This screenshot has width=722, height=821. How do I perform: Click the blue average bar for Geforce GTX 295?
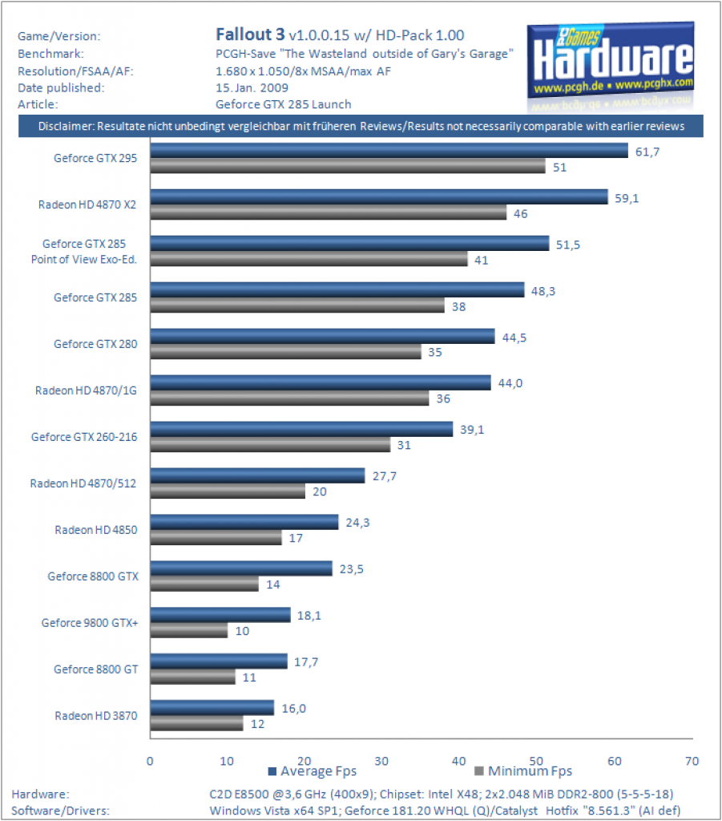coord(389,151)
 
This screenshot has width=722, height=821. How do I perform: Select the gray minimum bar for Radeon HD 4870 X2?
coord(329,212)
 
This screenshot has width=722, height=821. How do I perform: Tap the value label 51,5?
coord(567,245)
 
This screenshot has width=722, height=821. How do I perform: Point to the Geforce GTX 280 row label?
coord(95,344)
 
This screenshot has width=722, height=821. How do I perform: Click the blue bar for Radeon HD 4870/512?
coord(257,475)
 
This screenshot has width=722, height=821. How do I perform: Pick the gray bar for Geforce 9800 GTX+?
coord(189,630)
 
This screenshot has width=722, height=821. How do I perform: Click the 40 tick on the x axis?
coord(459,761)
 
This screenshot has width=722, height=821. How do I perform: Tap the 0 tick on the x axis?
coord(150,761)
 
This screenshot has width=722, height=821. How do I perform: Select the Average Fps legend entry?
coord(313,771)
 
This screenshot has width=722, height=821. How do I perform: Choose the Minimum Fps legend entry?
coord(523,771)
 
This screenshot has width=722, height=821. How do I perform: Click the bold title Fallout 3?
coord(250,34)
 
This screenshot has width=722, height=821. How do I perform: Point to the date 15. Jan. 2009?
coord(252,87)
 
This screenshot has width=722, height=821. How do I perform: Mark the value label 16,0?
coord(293,709)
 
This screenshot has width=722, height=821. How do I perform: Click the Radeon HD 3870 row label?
coord(95,716)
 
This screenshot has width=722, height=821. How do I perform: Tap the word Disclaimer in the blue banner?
coord(66,126)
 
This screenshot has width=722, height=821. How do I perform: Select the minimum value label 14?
coord(273,584)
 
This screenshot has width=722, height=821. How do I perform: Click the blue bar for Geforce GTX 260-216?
coord(301,429)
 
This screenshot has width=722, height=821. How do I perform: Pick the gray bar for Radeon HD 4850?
coord(216,538)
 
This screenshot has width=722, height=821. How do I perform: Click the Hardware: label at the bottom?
coord(40,795)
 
